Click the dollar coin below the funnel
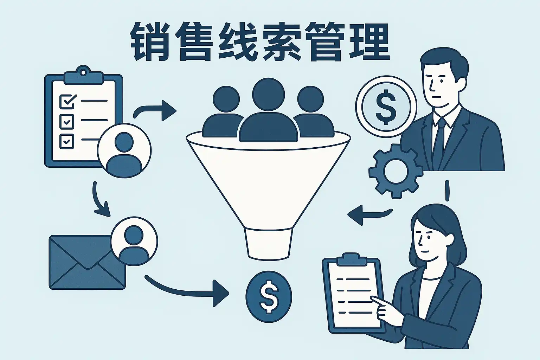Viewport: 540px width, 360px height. click(x=269, y=296)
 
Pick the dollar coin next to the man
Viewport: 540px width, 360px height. click(x=386, y=107)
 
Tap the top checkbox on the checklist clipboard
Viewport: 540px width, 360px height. click(x=67, y=101)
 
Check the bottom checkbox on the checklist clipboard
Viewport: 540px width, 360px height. click(x=67, y=141)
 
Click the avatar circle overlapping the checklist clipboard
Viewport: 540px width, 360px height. click(x=124, y=150)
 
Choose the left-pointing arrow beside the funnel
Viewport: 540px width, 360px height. click(x=369, y=213)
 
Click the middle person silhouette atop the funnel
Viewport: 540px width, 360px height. click(x=268, y=112)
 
